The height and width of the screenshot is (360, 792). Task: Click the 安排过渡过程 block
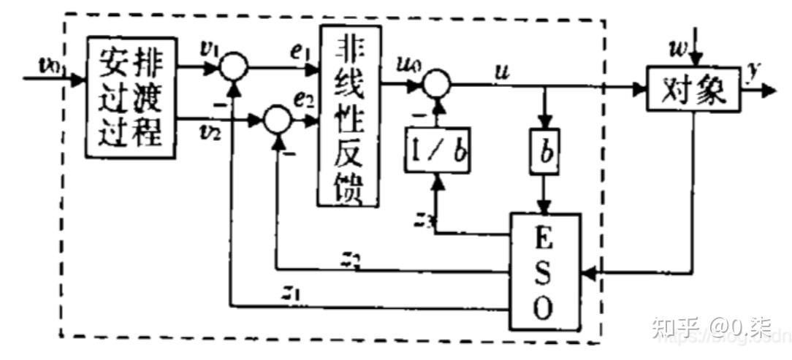(x=132, y=96)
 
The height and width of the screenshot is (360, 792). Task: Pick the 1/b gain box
(x=437, y=150)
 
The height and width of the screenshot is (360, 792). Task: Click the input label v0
(x=51, y=64)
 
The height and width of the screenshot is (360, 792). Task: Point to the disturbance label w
(x=679, y=50)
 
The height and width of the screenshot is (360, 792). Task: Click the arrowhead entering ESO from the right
(x=587, y=272)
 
